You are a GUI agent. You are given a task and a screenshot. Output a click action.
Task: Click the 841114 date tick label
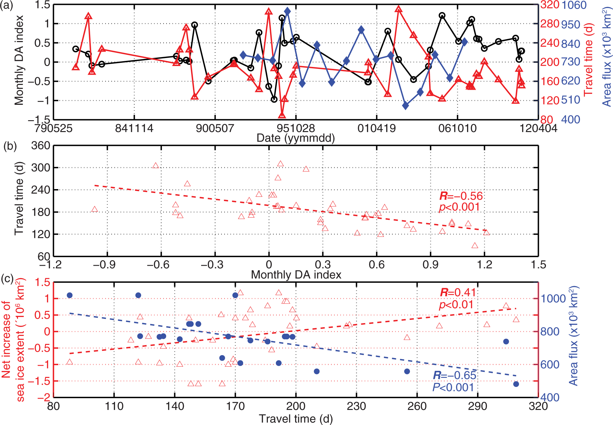point(134,129)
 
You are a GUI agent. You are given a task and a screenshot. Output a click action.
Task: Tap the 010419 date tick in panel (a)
point(377,129)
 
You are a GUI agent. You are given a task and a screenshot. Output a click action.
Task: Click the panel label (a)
point(6,5)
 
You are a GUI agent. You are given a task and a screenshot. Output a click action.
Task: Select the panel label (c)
point(7,279)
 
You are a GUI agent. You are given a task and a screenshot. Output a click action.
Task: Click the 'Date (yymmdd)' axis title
point(295,138)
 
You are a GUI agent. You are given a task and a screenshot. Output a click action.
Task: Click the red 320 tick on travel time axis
point(550,5)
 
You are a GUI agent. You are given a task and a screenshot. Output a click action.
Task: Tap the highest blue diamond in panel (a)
point(287,12)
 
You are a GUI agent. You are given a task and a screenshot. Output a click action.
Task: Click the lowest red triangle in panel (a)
point(282,115)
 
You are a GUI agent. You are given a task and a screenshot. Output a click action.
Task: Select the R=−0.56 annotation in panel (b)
point(461,196)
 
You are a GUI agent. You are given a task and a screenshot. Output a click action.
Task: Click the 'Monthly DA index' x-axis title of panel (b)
point(296,275)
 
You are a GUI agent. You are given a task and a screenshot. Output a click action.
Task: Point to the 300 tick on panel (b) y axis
point(40,167)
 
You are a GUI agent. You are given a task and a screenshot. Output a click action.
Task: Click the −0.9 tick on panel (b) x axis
point(107,264)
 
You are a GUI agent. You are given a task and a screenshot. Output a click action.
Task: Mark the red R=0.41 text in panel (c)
point(458,292)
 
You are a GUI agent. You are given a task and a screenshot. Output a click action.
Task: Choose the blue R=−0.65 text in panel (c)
point(454,375)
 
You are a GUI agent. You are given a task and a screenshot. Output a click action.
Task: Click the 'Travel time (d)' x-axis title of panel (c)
point(295,419)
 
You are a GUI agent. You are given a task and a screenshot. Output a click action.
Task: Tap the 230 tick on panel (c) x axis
point(356,406)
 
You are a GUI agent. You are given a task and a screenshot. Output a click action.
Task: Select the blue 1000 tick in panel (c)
point(553,298)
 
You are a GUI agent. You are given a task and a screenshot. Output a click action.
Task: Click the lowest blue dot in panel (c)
point(516,384)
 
